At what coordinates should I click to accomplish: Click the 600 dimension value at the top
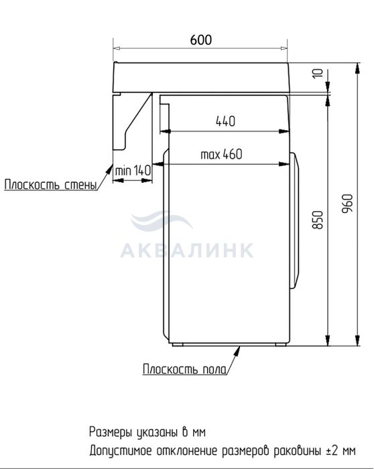[x=201, y=40]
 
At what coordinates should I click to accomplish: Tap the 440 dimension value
[x=225, y=121]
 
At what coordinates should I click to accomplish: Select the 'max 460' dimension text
[x=221, y=154]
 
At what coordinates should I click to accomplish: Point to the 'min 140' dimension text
[x=133, y=171]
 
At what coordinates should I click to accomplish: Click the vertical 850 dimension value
[x=318, y=220]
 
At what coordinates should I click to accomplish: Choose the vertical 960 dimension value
[x=347, y=204]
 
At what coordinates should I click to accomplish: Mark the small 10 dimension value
[x=318, y=73]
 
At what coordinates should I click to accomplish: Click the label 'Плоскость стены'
[x=50, y=184]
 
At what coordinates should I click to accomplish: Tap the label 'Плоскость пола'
[x=184, y=369]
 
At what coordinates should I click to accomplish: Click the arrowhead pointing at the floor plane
[x=237, y=351]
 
